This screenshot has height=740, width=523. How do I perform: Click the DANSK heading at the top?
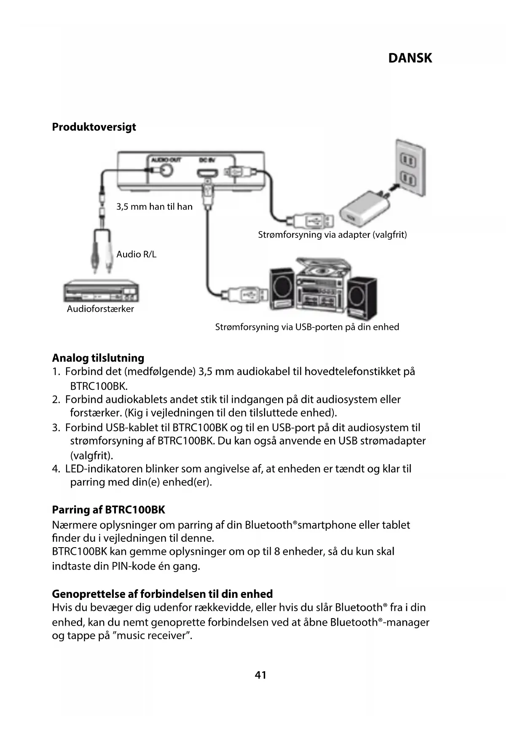point(410,58)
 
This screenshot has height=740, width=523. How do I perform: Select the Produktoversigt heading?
point(94,127)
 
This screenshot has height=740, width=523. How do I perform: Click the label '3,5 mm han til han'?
point(154,207)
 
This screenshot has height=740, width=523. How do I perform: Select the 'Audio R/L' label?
point(136,254)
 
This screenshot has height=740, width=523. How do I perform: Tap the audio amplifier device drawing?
point(101,292)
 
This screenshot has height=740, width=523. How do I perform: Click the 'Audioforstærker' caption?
point(100,309)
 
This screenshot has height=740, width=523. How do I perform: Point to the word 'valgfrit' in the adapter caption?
point(389,235)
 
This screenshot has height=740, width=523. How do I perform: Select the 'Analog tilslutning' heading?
point(98,358)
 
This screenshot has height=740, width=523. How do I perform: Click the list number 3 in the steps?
point(56,428)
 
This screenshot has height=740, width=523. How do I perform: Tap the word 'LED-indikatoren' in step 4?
point(104,469)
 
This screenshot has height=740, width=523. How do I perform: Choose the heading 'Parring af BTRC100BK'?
point(108,510)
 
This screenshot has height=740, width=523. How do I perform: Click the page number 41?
point(260,675)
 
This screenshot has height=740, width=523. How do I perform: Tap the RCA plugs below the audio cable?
point(102,257)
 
